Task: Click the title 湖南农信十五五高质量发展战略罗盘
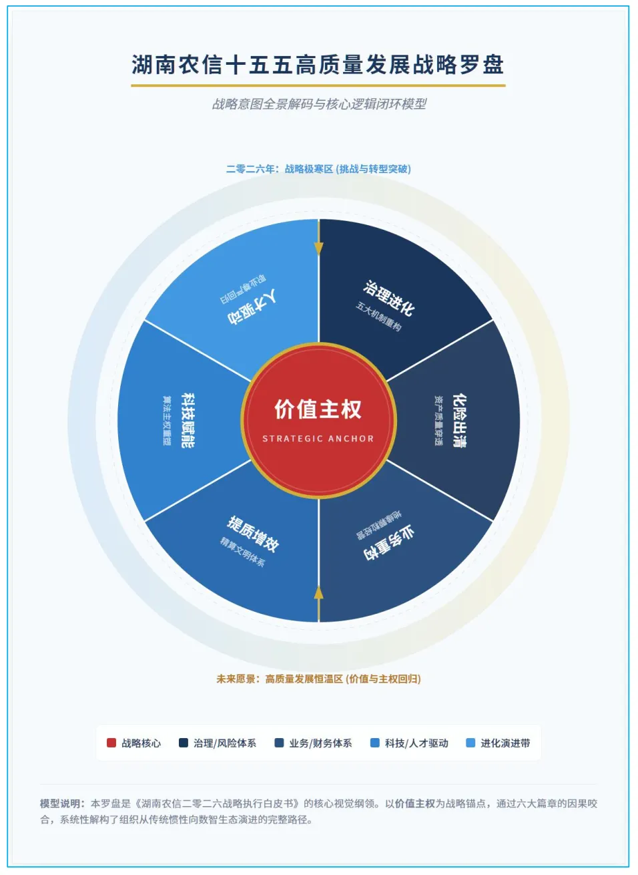tap(318, 65)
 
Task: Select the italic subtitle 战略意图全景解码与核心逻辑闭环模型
tap(319, 104)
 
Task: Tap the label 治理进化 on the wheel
tap(389, 298)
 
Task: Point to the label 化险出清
tap(459, 420)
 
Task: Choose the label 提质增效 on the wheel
tap(253, 533)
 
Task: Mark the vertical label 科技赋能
tap(188, 420)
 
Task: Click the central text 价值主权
tap(318, 409)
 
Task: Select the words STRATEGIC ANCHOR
tap(318, 439)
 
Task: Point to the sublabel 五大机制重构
tap(378, 317)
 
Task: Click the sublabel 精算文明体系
tap(243, 552)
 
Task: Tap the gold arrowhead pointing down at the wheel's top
tap(319, 248)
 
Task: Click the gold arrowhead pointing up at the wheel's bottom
tap(319, 592)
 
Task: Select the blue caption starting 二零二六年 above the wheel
tap(318, 169)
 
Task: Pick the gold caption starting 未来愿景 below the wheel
tap(318, 679)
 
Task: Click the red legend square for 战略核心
tap(111, 743)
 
